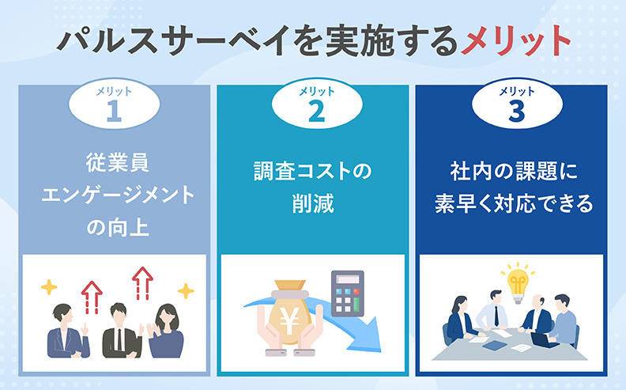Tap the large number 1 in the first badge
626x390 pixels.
(x=114, y=112)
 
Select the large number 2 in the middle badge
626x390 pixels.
(x=315, y=112)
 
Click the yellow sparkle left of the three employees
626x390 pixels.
(x=48, y=286)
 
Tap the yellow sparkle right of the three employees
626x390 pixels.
(x=186, y=292)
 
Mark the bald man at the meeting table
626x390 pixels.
(x=540, y=312)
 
